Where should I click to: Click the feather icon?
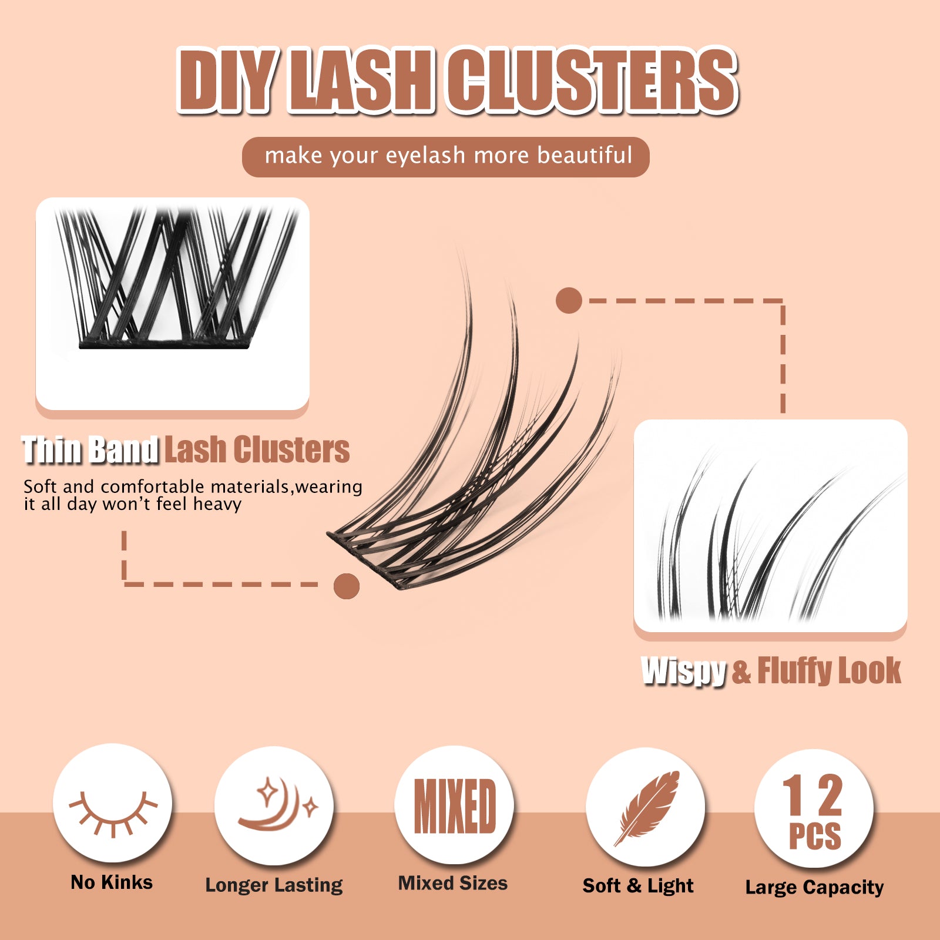[646, 807]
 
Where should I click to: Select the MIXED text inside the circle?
[455, 806]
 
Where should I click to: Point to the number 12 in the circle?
[813, 794]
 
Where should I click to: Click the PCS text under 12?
[814, 836]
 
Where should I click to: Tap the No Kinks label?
[112, 882]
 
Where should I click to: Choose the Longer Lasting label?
[274, 885]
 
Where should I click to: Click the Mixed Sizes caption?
[453, 883]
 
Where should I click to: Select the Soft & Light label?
[638, 886]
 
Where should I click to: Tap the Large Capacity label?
[814, 887]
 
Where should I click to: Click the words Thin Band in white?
[90, 451]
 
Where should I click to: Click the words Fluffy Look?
[829, 670]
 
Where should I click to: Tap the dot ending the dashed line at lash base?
[347, 586]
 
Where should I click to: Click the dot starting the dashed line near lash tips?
[569, 300]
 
